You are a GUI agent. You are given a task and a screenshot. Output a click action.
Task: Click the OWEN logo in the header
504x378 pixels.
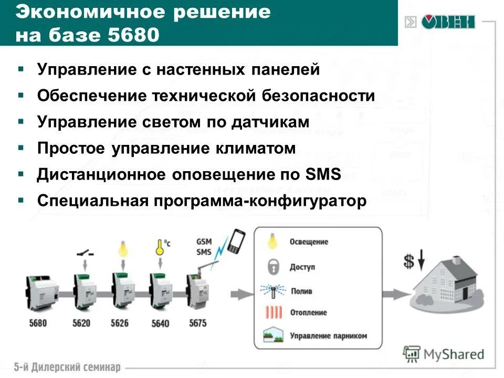click(447, 22)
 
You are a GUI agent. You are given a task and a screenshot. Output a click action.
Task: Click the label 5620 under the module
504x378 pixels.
click(81, 323)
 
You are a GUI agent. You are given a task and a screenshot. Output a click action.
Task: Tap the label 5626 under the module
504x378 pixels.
click(119, 323)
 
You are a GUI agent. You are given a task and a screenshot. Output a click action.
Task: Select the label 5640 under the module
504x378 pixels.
click(160, 323)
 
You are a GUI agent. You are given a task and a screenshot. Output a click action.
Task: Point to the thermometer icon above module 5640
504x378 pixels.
click(159, 247)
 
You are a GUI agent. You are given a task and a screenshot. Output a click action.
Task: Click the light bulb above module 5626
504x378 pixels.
click(122, 248)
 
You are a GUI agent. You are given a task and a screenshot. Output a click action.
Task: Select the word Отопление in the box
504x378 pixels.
click(308, 312)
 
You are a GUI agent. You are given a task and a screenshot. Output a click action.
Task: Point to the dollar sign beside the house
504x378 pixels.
click(409, 261)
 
